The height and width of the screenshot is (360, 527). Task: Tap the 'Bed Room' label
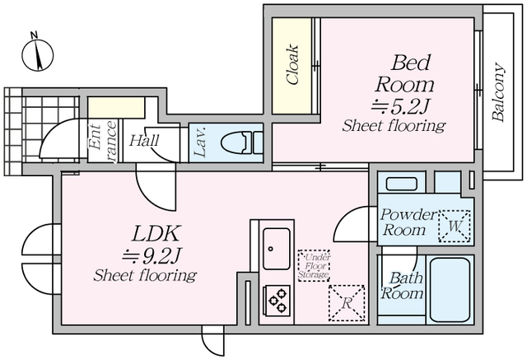click(x=404, y=72)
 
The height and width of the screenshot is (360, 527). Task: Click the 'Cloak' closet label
click(x=292, y=64)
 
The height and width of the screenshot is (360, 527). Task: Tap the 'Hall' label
click(x=143, y=140)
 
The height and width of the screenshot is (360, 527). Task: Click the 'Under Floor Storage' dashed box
click(x=313, y=265)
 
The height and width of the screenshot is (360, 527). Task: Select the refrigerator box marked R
click(x=345, y=302)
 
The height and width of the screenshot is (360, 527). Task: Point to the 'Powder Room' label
click(x=408, y=222)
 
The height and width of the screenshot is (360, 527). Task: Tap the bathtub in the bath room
click(x=449, y=289)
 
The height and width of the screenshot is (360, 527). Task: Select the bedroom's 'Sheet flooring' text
click(x=394, y=127)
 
